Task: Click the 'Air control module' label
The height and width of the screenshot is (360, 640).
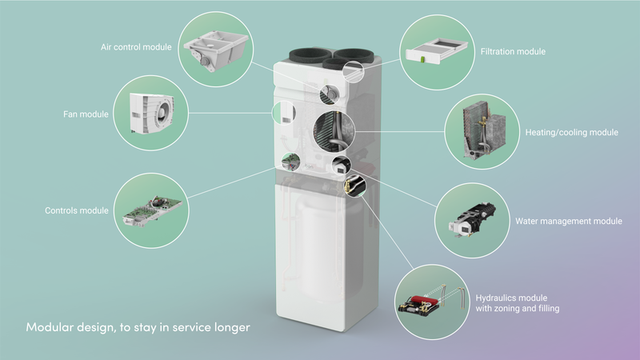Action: tap(136, 47)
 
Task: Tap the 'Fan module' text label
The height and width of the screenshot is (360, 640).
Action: tap(86, 114)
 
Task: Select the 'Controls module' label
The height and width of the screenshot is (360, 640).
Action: tap(77, 210)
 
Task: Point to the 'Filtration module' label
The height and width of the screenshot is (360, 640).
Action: tap(513, 51)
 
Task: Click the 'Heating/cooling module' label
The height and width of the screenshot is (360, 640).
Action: tap(571, 132)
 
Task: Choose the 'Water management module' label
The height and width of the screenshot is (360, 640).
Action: tap(569, 221)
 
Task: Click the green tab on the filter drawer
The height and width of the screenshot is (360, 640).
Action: tap(423, 59)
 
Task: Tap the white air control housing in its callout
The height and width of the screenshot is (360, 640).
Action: tap(216, 50)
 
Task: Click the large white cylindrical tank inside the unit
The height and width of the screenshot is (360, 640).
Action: tap(330, 248)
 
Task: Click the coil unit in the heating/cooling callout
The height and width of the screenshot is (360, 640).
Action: tap(484, 130)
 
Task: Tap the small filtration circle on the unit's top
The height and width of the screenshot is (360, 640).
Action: tap(353, 72)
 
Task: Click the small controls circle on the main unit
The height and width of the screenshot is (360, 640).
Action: tap(291, 162)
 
